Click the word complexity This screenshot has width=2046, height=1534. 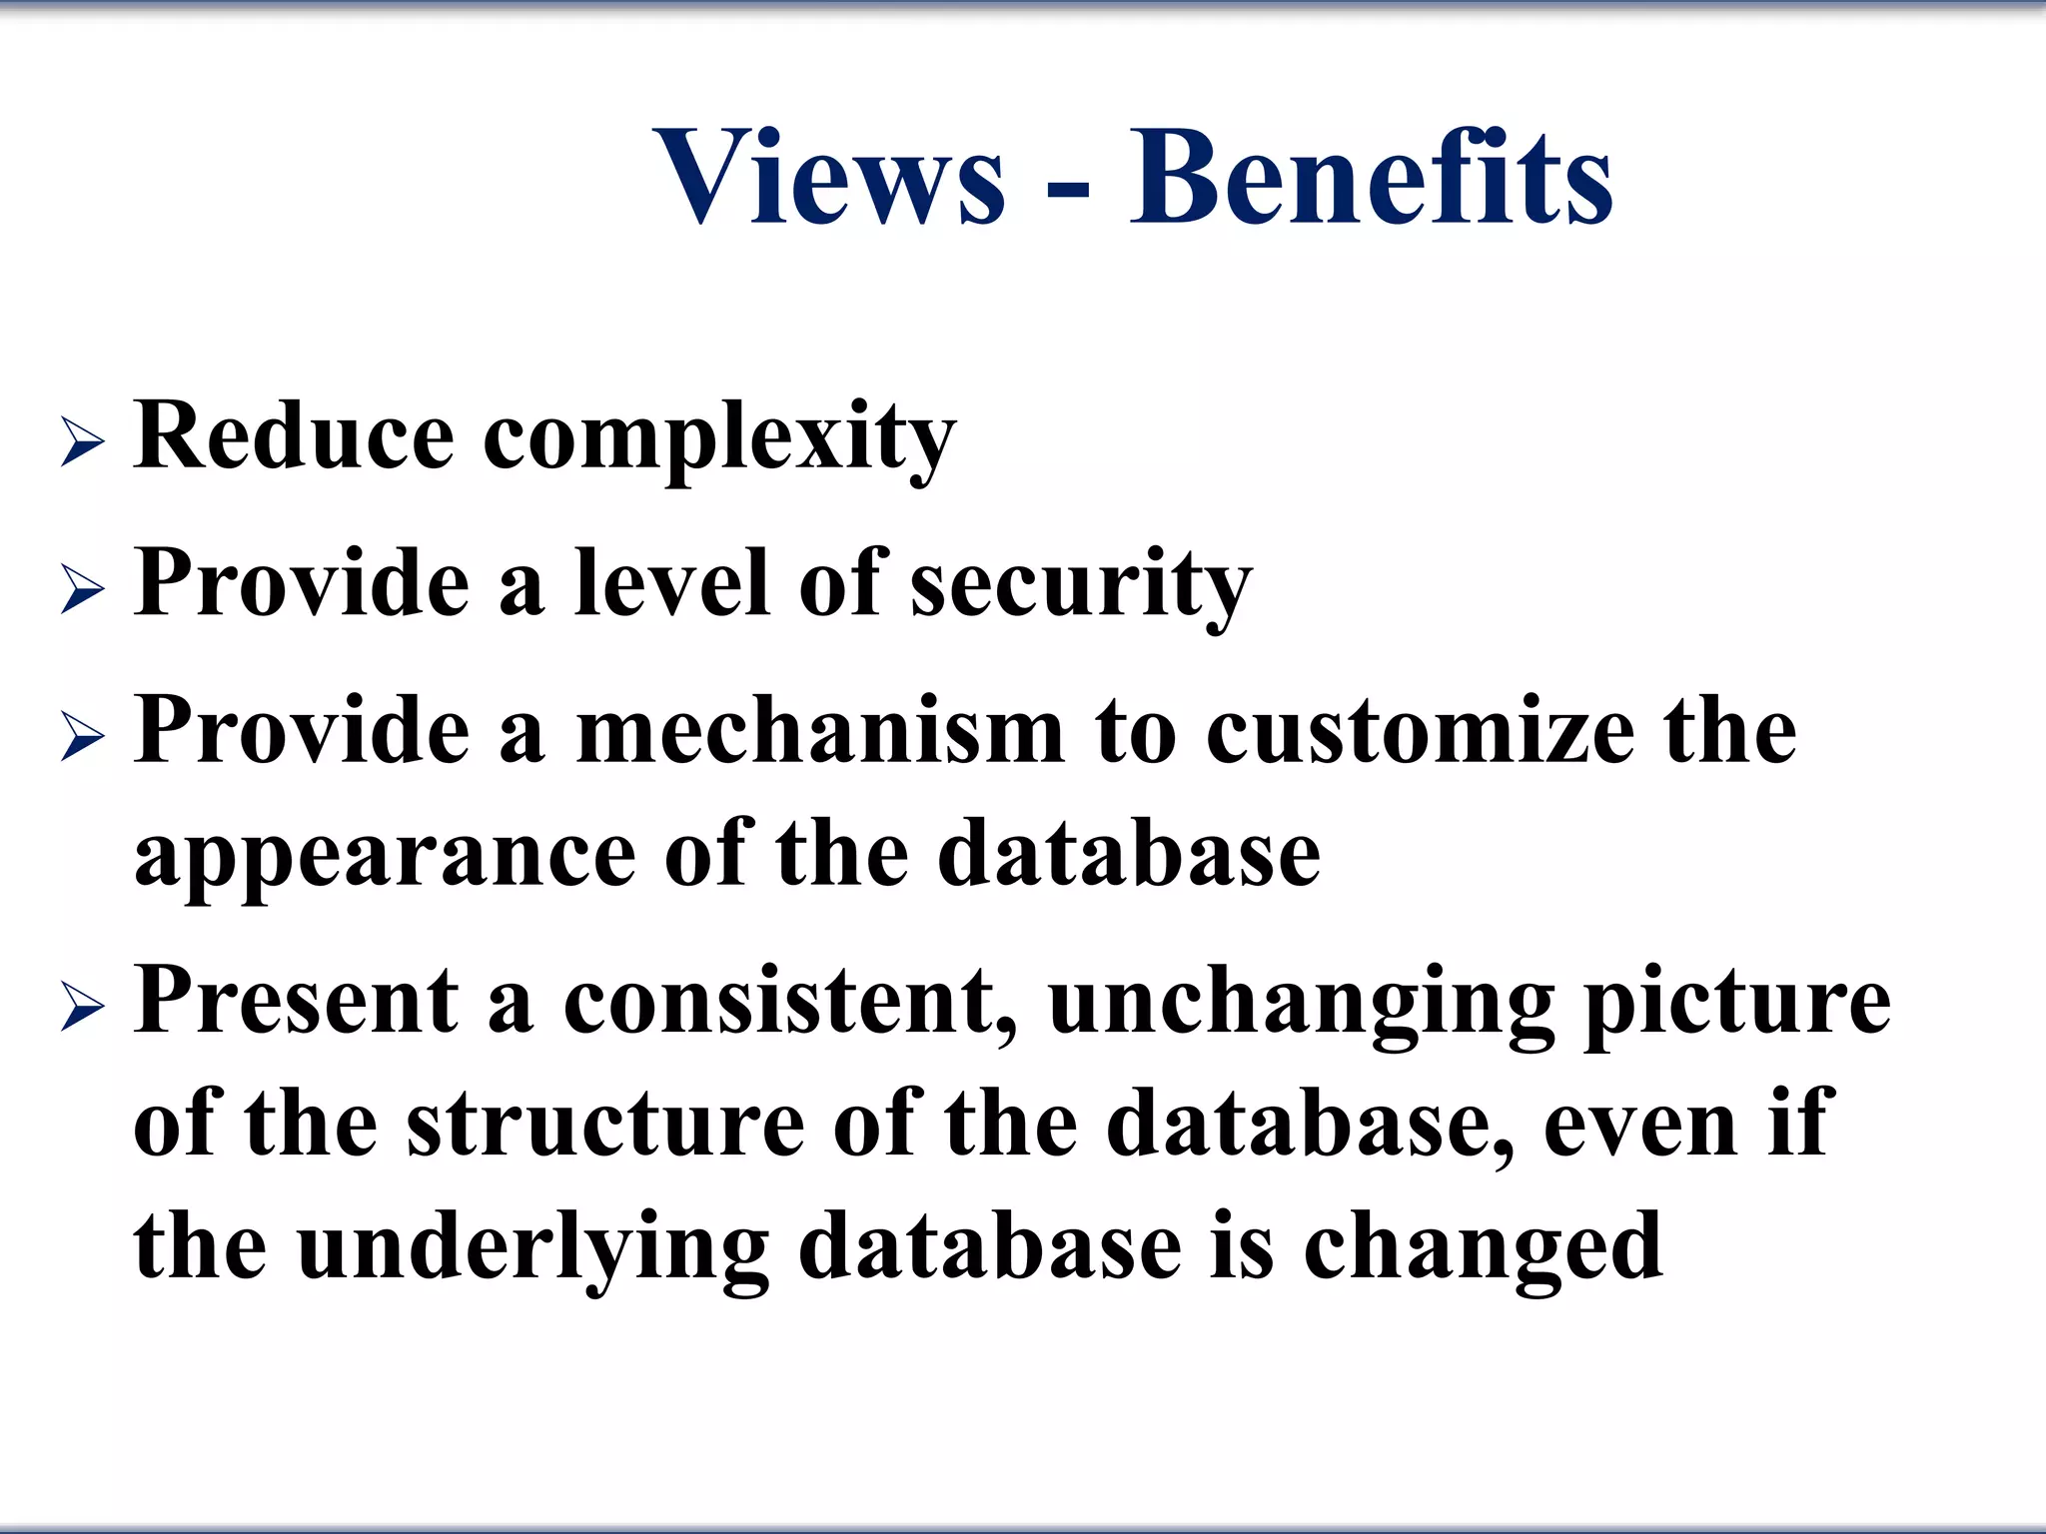coord(719,439)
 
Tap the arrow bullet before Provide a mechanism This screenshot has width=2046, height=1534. coord(82,738)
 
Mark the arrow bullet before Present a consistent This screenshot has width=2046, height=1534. coord(82,1006)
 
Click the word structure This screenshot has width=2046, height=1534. coord(605,1124)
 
